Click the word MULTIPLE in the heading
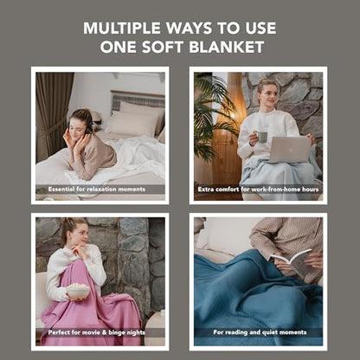pyautogui.click(x=122, y=29)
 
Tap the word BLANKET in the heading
pyautogui.click(x=227, y=47)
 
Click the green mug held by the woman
pyautogui.click(x=261, y=137)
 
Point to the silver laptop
pyautogui.click(x=289, y=150)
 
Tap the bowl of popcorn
pyautogui.click(x=78, y=292)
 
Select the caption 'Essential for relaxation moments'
pyautogui.click(x=97, y=190)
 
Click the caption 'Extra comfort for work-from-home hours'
pyautogui.click(x=258, y=190)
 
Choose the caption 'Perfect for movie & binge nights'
pyautogui.click(x=97, y=332)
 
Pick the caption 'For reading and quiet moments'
pyautogui.click(x=260, y=332)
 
